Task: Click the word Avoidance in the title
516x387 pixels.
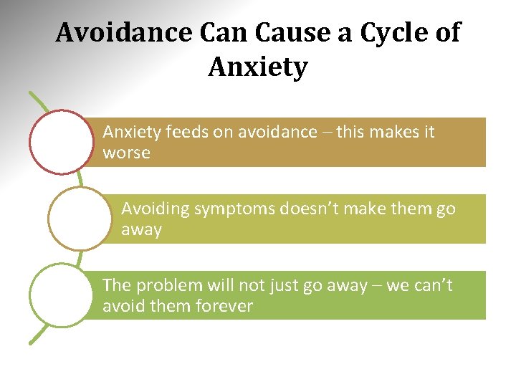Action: coord(123,33)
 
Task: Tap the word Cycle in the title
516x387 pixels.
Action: coord(384,33)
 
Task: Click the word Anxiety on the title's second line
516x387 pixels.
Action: coord(258,68)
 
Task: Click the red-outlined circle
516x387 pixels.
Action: coord(63,142)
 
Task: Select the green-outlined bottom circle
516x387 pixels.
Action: coord(63,295)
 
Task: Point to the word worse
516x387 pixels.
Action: coord(126,153)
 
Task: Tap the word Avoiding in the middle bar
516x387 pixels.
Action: coord(153,209)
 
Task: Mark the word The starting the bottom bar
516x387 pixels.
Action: coord(116,285)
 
